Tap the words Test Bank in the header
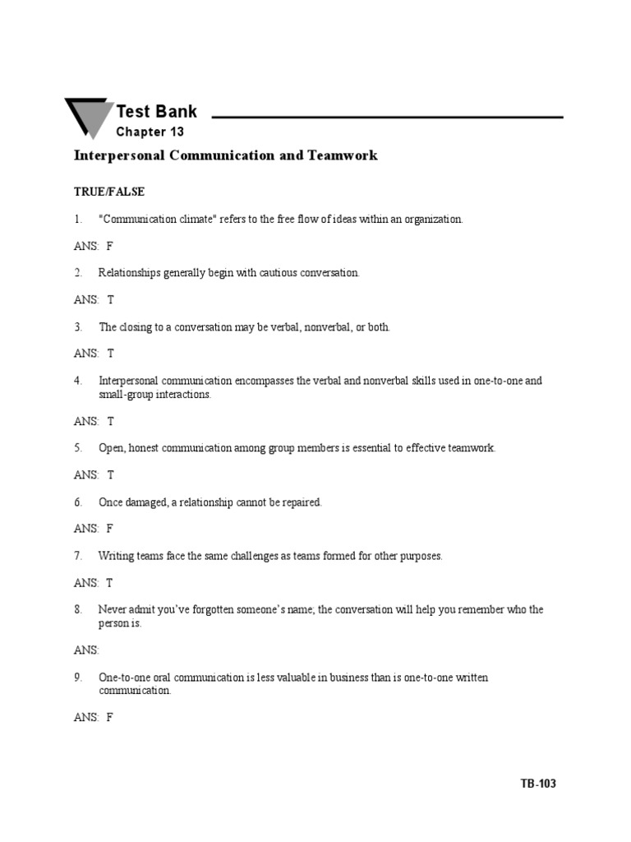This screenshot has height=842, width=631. click(156, 112)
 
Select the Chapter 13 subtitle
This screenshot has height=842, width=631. click(150, 132)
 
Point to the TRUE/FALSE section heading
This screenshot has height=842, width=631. click(109, 192)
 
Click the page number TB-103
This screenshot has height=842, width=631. click(538, 784)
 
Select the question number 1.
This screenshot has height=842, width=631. click(78, 220)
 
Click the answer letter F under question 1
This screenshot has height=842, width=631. click(110, 246)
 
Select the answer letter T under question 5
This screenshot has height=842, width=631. click(111, 474)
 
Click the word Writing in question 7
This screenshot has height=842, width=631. click(115, 556)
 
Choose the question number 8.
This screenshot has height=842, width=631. click(78, 610)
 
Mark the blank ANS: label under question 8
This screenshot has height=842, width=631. click(86, 650)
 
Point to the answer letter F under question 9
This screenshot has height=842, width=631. click(110, 717)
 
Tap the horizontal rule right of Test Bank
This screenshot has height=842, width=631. click(387, 118)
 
